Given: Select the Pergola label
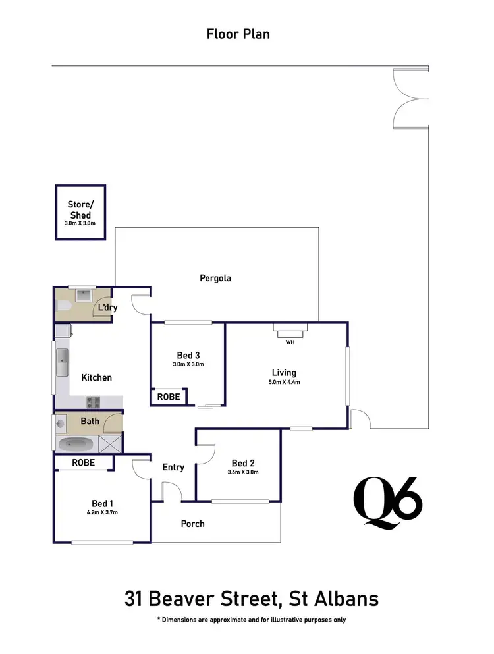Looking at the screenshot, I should click(x=215, y=278).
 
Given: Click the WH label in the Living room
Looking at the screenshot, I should click(x=290, y=342).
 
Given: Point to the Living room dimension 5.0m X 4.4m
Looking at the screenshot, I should click(x=285, y=382).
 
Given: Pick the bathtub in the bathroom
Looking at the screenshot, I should click(x=78, y=443).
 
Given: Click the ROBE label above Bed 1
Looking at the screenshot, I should click(x=83, y=463).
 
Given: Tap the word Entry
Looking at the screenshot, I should click(x=173, y=467).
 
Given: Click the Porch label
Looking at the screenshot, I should click(x=192, y=524).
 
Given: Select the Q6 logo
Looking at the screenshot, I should click(x=387, y=502).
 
